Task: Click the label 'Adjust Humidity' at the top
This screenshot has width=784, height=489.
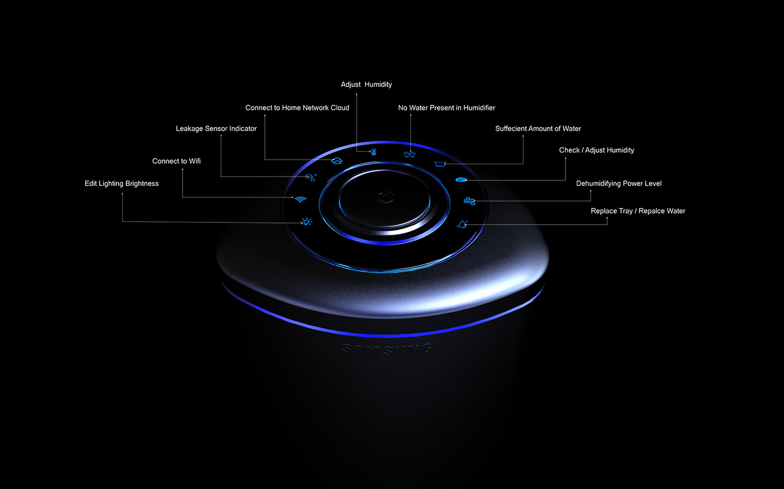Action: point(366,85)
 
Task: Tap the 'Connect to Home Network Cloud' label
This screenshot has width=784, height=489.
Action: point(297,108)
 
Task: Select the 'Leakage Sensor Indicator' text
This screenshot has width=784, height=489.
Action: point(216,129)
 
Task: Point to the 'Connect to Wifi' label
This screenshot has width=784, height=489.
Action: point(176,161)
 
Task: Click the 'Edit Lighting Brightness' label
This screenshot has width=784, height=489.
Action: point(122,184)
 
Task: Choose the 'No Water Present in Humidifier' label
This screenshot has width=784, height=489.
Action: point(446,108)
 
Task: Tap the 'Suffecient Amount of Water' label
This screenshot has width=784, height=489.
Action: point(538,129)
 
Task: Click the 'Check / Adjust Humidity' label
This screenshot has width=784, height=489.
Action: point(596,150)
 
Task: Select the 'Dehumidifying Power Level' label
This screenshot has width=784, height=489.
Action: point(619,184)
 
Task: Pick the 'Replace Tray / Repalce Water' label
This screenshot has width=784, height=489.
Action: point(638,211)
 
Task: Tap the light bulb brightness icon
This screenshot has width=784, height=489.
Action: point(306,222)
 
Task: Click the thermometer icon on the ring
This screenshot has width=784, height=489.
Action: point(374,152)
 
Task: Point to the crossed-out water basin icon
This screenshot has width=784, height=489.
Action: point(410,154)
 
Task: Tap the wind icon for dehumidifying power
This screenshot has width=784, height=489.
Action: point(469,201)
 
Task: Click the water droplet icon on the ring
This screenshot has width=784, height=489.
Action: point(462,224)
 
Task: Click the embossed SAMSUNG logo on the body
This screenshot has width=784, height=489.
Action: point(387,350)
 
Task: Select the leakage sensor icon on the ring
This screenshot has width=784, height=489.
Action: point(310,178)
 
